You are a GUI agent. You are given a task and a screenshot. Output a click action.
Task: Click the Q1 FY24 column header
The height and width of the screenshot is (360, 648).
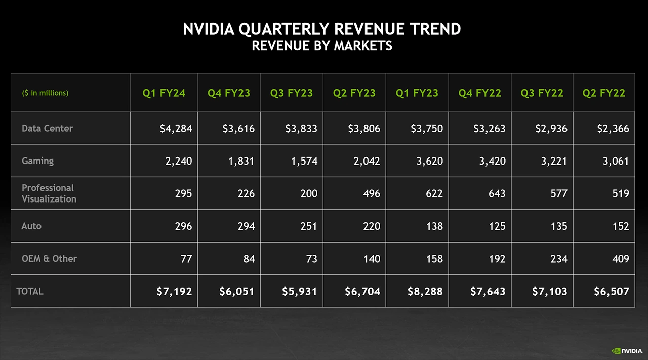pyautogui.click(x=164, y=93)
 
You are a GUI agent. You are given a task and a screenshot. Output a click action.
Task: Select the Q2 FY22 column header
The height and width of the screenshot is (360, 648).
pyautogui.click(x=603, y=93)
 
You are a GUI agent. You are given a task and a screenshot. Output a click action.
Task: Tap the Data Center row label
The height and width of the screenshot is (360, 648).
pyautogui.click(x=47, y=128)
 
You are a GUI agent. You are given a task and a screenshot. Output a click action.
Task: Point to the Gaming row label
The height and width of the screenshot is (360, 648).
pyautogui.click(x=37, y=161)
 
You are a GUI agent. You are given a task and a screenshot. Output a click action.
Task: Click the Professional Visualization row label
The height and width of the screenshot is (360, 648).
pyautogui.click(x=49, y=193)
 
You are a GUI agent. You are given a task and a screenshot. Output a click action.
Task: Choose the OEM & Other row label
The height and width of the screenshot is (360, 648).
pyautogui.click(x=49, y=258)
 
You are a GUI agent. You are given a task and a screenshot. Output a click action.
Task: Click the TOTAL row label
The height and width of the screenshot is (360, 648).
pyautogui.click(x=30, y=291)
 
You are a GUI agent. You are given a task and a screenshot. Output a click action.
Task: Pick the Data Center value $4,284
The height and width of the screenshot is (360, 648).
pyautogui.click(x=176, y=129)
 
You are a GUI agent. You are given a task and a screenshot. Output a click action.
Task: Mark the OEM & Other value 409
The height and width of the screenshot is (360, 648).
pyautogui.click(x=620, y=259)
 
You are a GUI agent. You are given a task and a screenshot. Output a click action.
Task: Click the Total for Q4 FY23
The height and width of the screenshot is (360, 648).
pyautogui.click(x=237, y=292)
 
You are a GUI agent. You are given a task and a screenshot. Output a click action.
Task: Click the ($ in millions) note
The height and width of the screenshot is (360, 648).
pyautogui.click(x=45, y=93)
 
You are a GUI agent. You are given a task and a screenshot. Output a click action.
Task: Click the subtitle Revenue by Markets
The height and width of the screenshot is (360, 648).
pyautogui.click(x=322, y=46)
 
